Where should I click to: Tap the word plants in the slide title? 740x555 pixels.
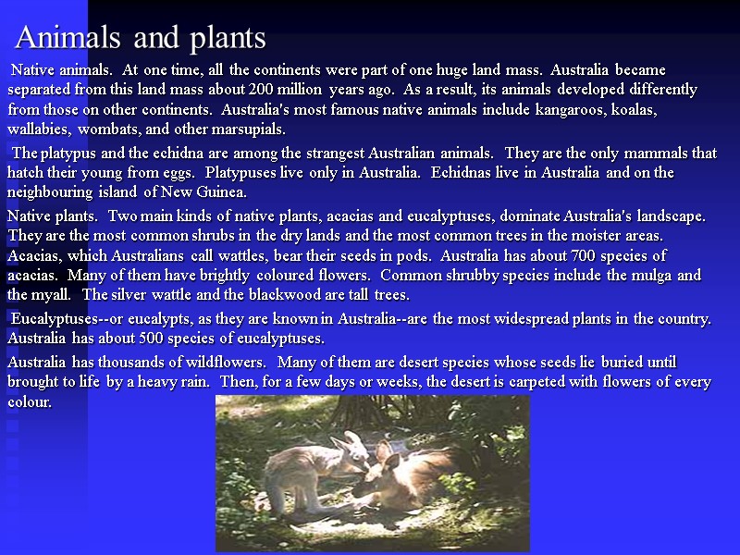point(228,39)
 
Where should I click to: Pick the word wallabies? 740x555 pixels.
point(40,129)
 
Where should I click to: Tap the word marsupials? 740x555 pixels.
point(250,129)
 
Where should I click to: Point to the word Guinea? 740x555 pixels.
point(219,192)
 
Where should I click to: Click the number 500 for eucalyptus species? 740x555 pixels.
point(179,338)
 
